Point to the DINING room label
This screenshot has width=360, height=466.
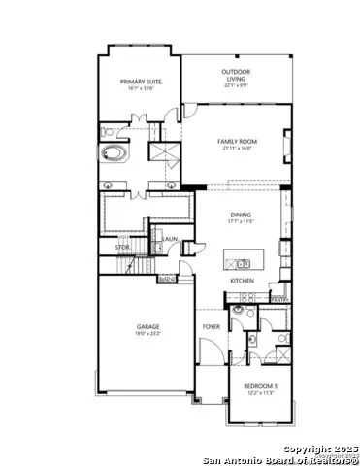coord(241,215)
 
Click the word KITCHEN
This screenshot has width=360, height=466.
coord(242,282)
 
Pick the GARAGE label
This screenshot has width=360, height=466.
coord(147,326)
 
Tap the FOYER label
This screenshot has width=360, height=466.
coord(211,326)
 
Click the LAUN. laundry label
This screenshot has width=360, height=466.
coord(170,239)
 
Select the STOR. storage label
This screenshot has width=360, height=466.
coord(122,248)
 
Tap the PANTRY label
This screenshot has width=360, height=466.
coord(278,299)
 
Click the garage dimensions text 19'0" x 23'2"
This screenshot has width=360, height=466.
coord(147,334)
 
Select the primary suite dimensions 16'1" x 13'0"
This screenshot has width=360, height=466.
coord(139,88)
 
